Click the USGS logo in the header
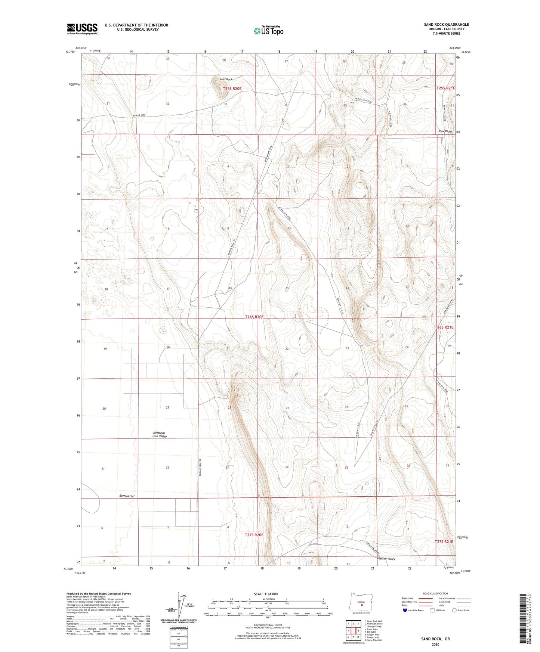[82, 29]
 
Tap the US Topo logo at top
[268, 31]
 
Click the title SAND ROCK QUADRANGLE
[446, 25]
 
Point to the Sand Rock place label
[226, 79]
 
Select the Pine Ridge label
[445, 131]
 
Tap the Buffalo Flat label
[127, 496]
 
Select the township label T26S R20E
[254, 317]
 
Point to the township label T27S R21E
[444, 541]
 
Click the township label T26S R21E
[444, 327]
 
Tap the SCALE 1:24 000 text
[266, 594]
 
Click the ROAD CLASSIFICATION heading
[435, 593]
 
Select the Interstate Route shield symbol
[405, 610]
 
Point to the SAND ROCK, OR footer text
[435, 639]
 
